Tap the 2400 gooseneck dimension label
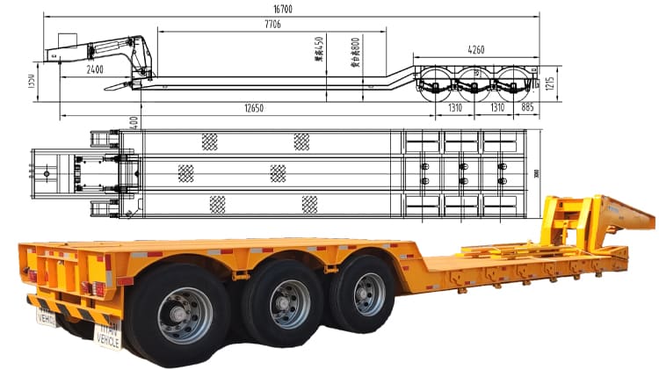(95, 69)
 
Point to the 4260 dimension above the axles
(475, 49)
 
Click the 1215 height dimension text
(549, 85)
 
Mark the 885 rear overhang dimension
(525, 107)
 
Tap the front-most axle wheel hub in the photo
(369, 294)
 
